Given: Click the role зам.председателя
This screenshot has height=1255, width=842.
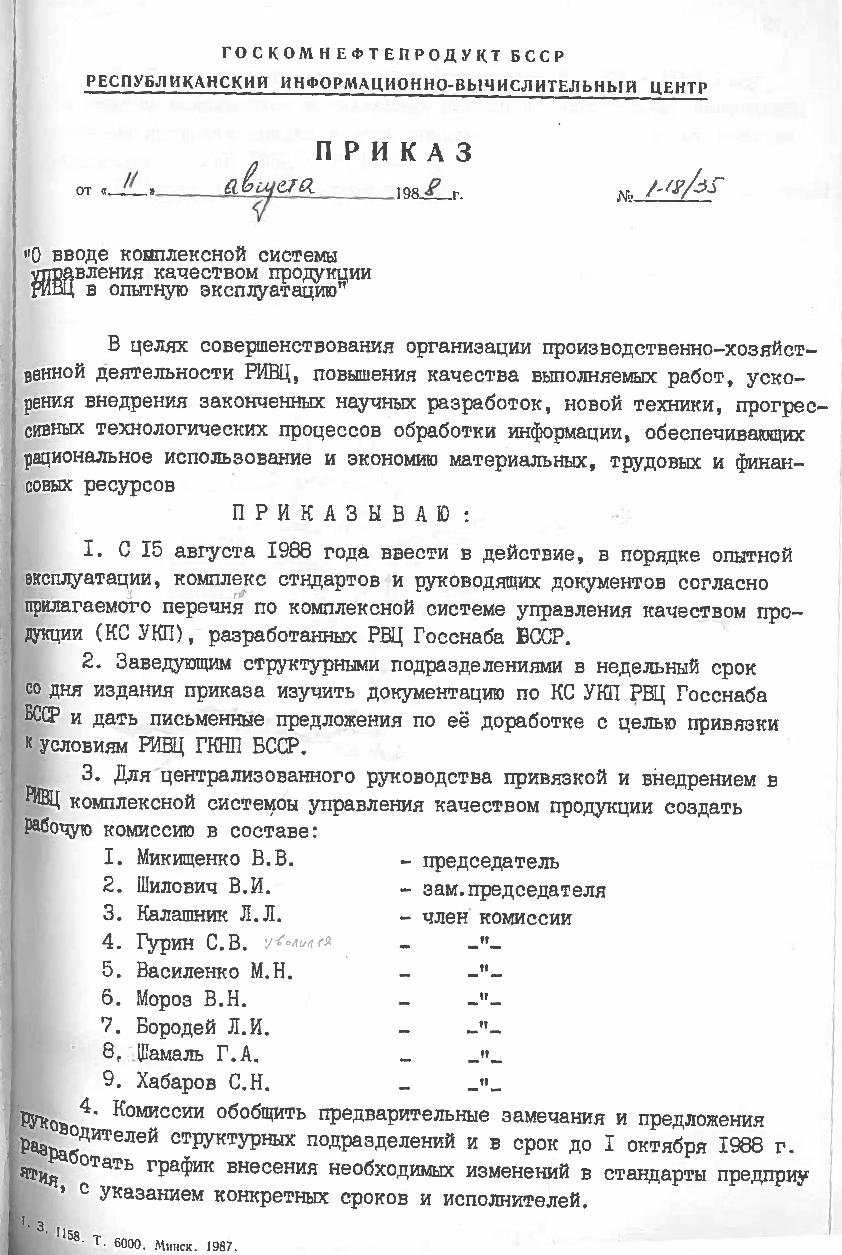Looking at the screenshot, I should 514,890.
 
